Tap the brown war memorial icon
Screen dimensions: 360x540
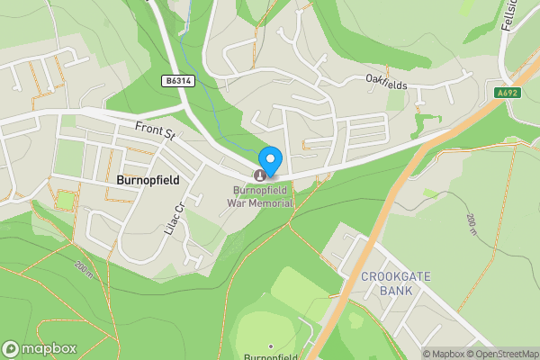click(262, 175)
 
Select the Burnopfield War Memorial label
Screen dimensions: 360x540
click(263, 196)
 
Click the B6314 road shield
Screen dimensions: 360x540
click(179, 81)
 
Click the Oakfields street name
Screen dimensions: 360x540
click(386, 83)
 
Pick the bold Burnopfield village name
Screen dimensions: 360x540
click(148, 180)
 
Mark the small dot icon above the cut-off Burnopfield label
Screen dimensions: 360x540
click(270, 346)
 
